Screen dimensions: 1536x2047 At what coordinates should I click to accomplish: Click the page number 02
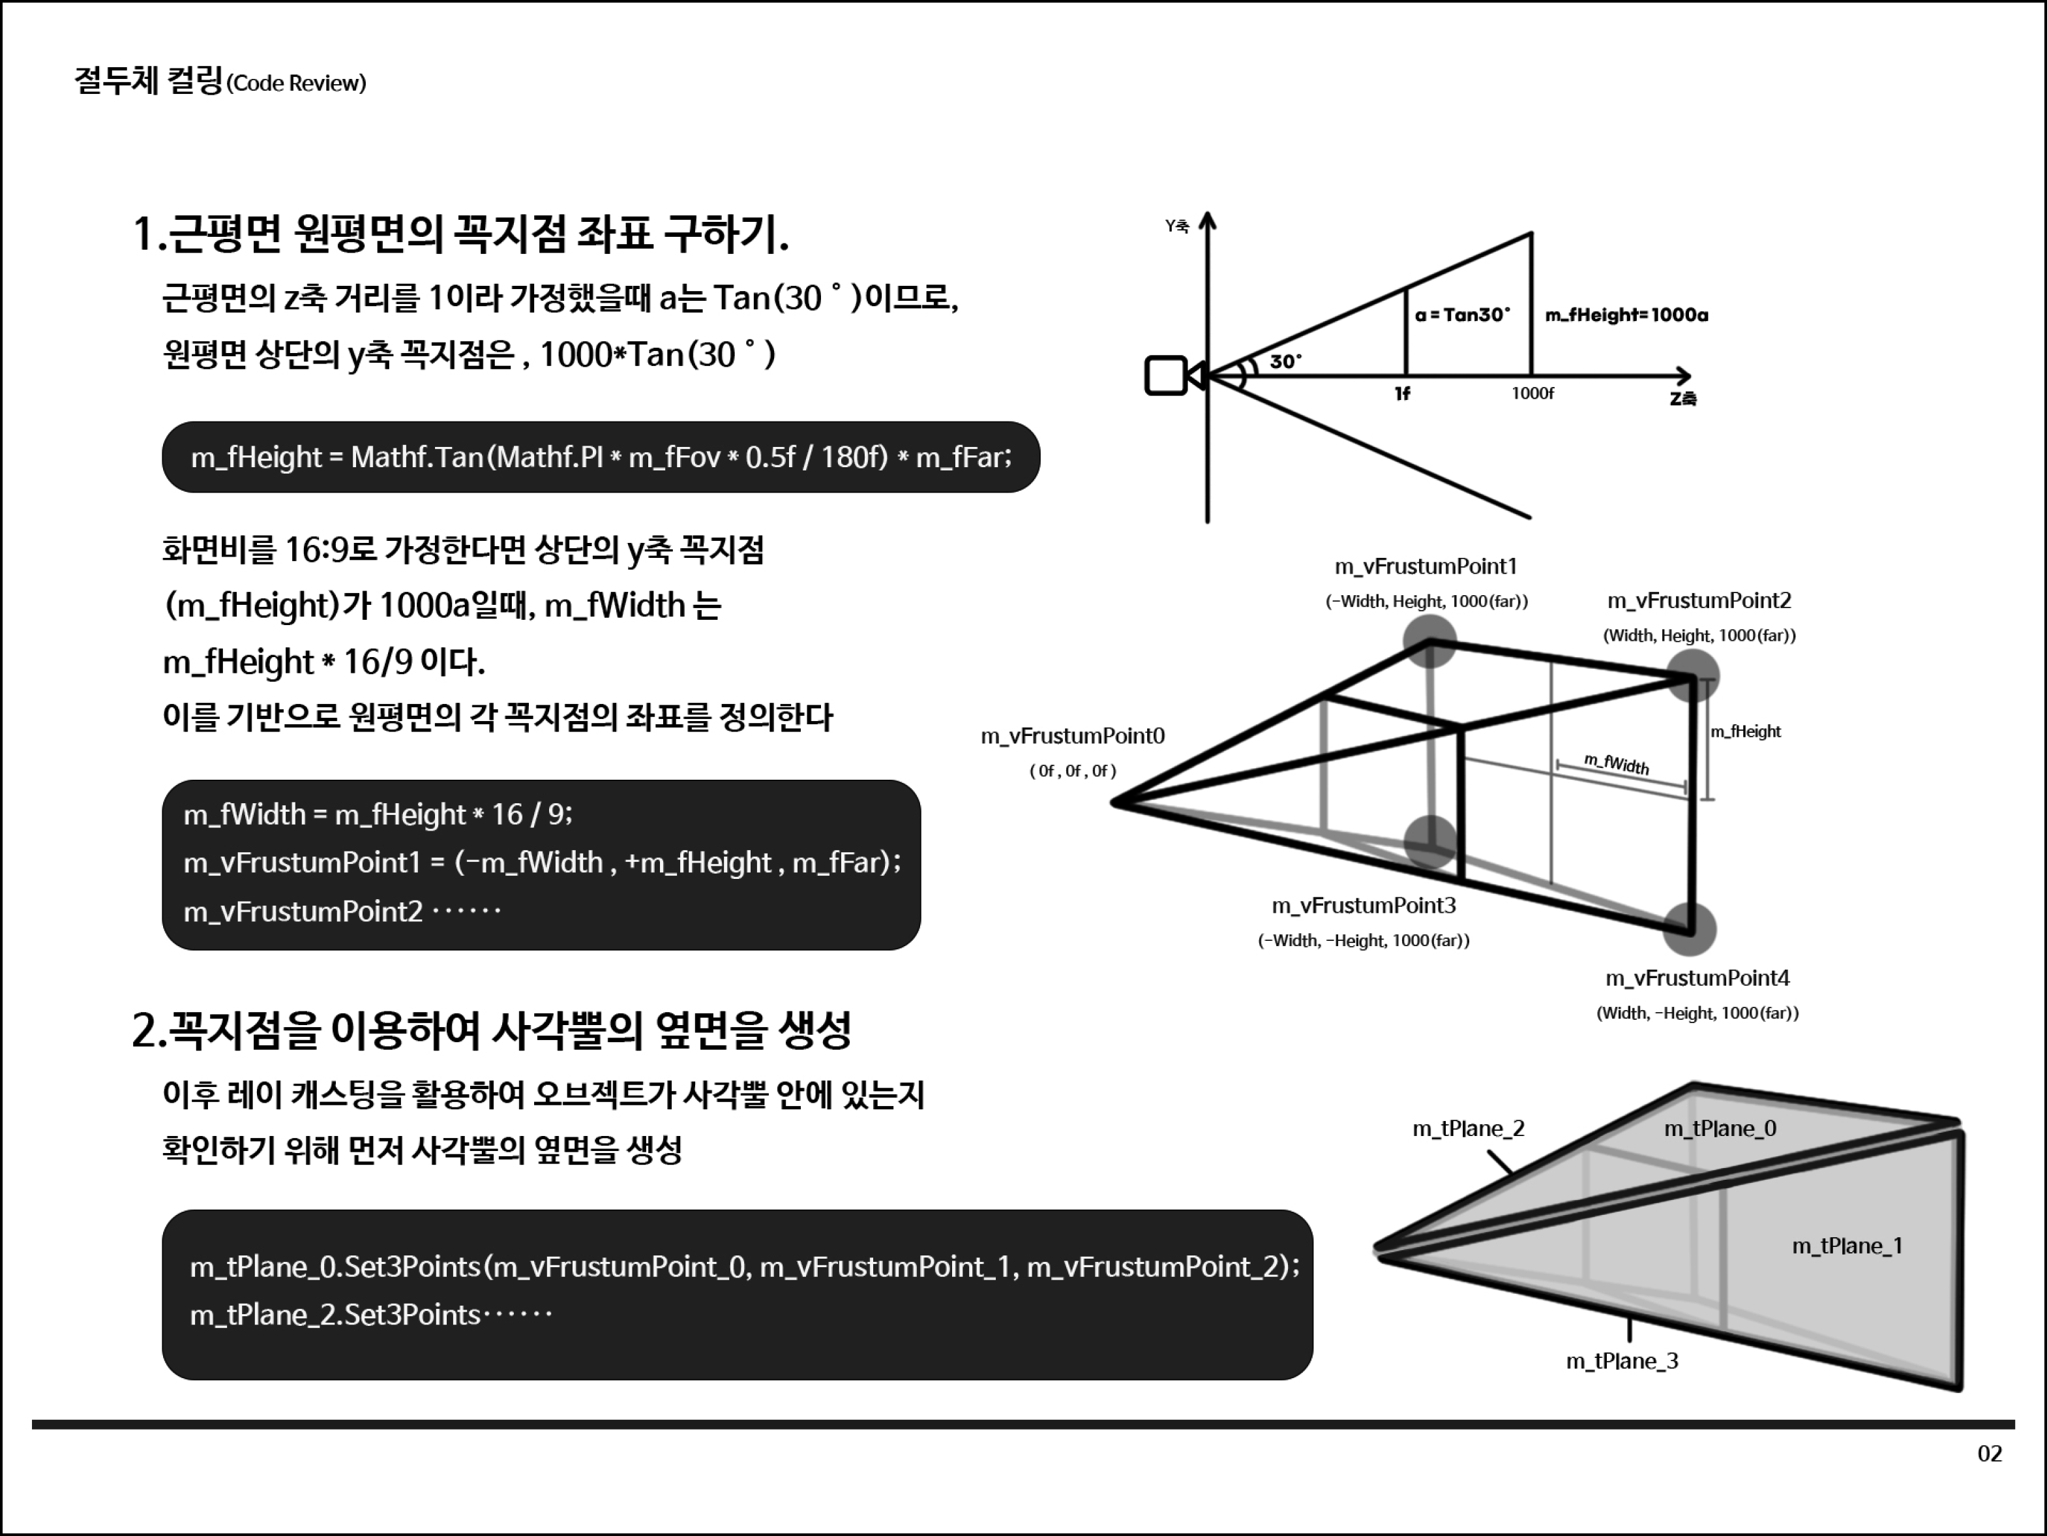point(1989,1454)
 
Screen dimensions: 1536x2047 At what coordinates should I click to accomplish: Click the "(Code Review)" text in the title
point(296,84)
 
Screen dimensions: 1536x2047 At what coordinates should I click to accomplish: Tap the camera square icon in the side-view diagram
point(1166,376)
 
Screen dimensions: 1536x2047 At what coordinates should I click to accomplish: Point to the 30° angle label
point(1285,361)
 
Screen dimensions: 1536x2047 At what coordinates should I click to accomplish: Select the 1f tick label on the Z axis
point(1402,393)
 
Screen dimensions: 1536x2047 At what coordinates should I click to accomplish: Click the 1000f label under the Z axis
point(1532,393)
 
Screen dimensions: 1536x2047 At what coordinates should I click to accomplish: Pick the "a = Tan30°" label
point(1462,315)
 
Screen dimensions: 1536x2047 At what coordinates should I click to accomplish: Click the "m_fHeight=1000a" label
point(1626,315)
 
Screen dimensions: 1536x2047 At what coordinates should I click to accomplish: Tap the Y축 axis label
point(1176,226)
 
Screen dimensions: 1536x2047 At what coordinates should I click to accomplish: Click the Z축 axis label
point(1683,399)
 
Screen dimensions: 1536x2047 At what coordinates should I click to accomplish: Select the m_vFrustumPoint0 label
point(1073,736)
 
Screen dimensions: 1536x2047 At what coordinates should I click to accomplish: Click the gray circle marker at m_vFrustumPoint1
point(1429,639)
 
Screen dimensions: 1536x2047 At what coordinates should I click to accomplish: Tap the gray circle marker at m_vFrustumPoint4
point(1690,929)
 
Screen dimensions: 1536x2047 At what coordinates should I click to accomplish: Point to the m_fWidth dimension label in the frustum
point(1616,764)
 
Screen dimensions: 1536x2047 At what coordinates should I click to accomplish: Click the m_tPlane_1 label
point(1847,1246)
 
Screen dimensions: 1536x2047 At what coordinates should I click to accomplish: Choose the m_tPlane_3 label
point(1621,1361)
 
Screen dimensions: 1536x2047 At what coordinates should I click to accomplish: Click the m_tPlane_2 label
point(1468,1129)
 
